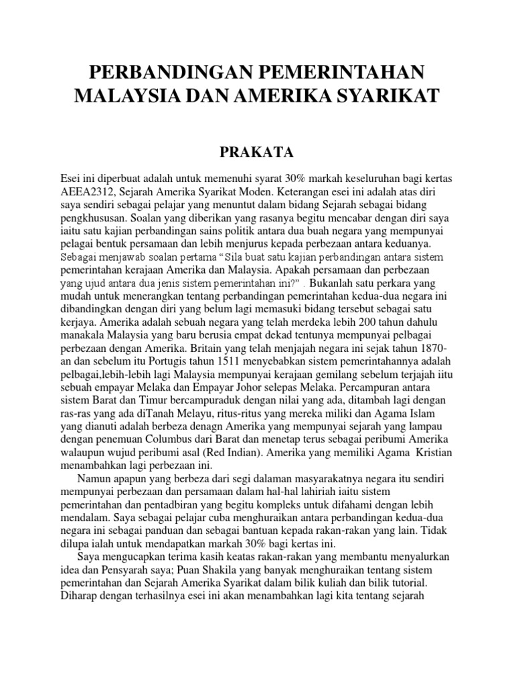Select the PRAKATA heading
pos(257,153)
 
